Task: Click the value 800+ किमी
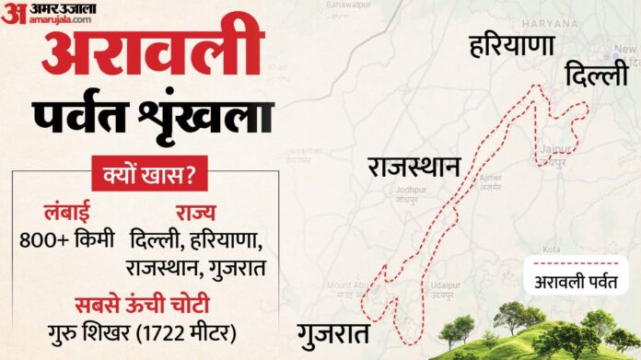(67, 241)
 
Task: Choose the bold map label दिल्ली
(597, 74)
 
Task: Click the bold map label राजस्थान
(414, 167)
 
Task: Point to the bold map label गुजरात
(334, 332)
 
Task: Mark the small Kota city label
(553, 250)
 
